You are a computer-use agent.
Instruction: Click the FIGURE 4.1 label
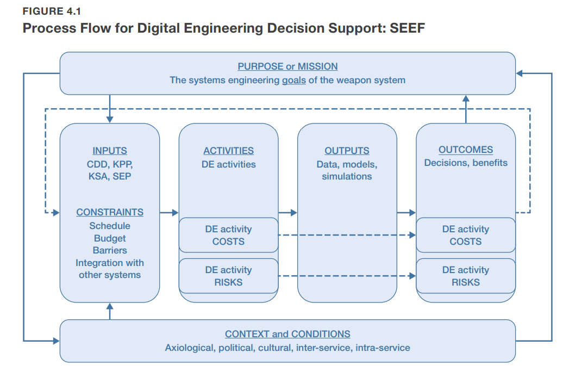(x=52, y=11)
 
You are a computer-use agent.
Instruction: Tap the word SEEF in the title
(x=407, y=28)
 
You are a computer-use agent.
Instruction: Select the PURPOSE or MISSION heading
(x=287, y=66)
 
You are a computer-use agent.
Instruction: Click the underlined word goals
(x=293, y=80)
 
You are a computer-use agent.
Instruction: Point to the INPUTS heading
(x=110, y=151)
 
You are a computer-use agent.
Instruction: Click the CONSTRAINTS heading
(x=110, y=212)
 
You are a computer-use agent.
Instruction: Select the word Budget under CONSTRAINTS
(x=110, y=238)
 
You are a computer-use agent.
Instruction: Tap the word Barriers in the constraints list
(x=110, y=250)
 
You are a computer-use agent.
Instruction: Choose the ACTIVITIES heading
(x=229, y=151)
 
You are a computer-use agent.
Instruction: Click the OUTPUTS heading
(x=347, y=151)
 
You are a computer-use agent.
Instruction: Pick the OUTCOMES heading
(x=466, y=150)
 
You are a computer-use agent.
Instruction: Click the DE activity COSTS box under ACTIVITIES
(x=229, y=235)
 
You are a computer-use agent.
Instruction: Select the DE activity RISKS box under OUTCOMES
(x=466, y=276)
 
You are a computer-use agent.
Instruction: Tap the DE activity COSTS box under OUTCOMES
(x=466, y=235)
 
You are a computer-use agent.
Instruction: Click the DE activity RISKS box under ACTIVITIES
(x=229, y=276)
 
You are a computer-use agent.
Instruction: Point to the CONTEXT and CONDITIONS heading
(x=287, y=334)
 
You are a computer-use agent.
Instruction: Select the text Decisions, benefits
(x=466, y=163)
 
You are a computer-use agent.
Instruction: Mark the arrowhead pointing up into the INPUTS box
(x=110, y=306)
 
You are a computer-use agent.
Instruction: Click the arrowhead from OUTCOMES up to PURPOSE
(x=466, y=98)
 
